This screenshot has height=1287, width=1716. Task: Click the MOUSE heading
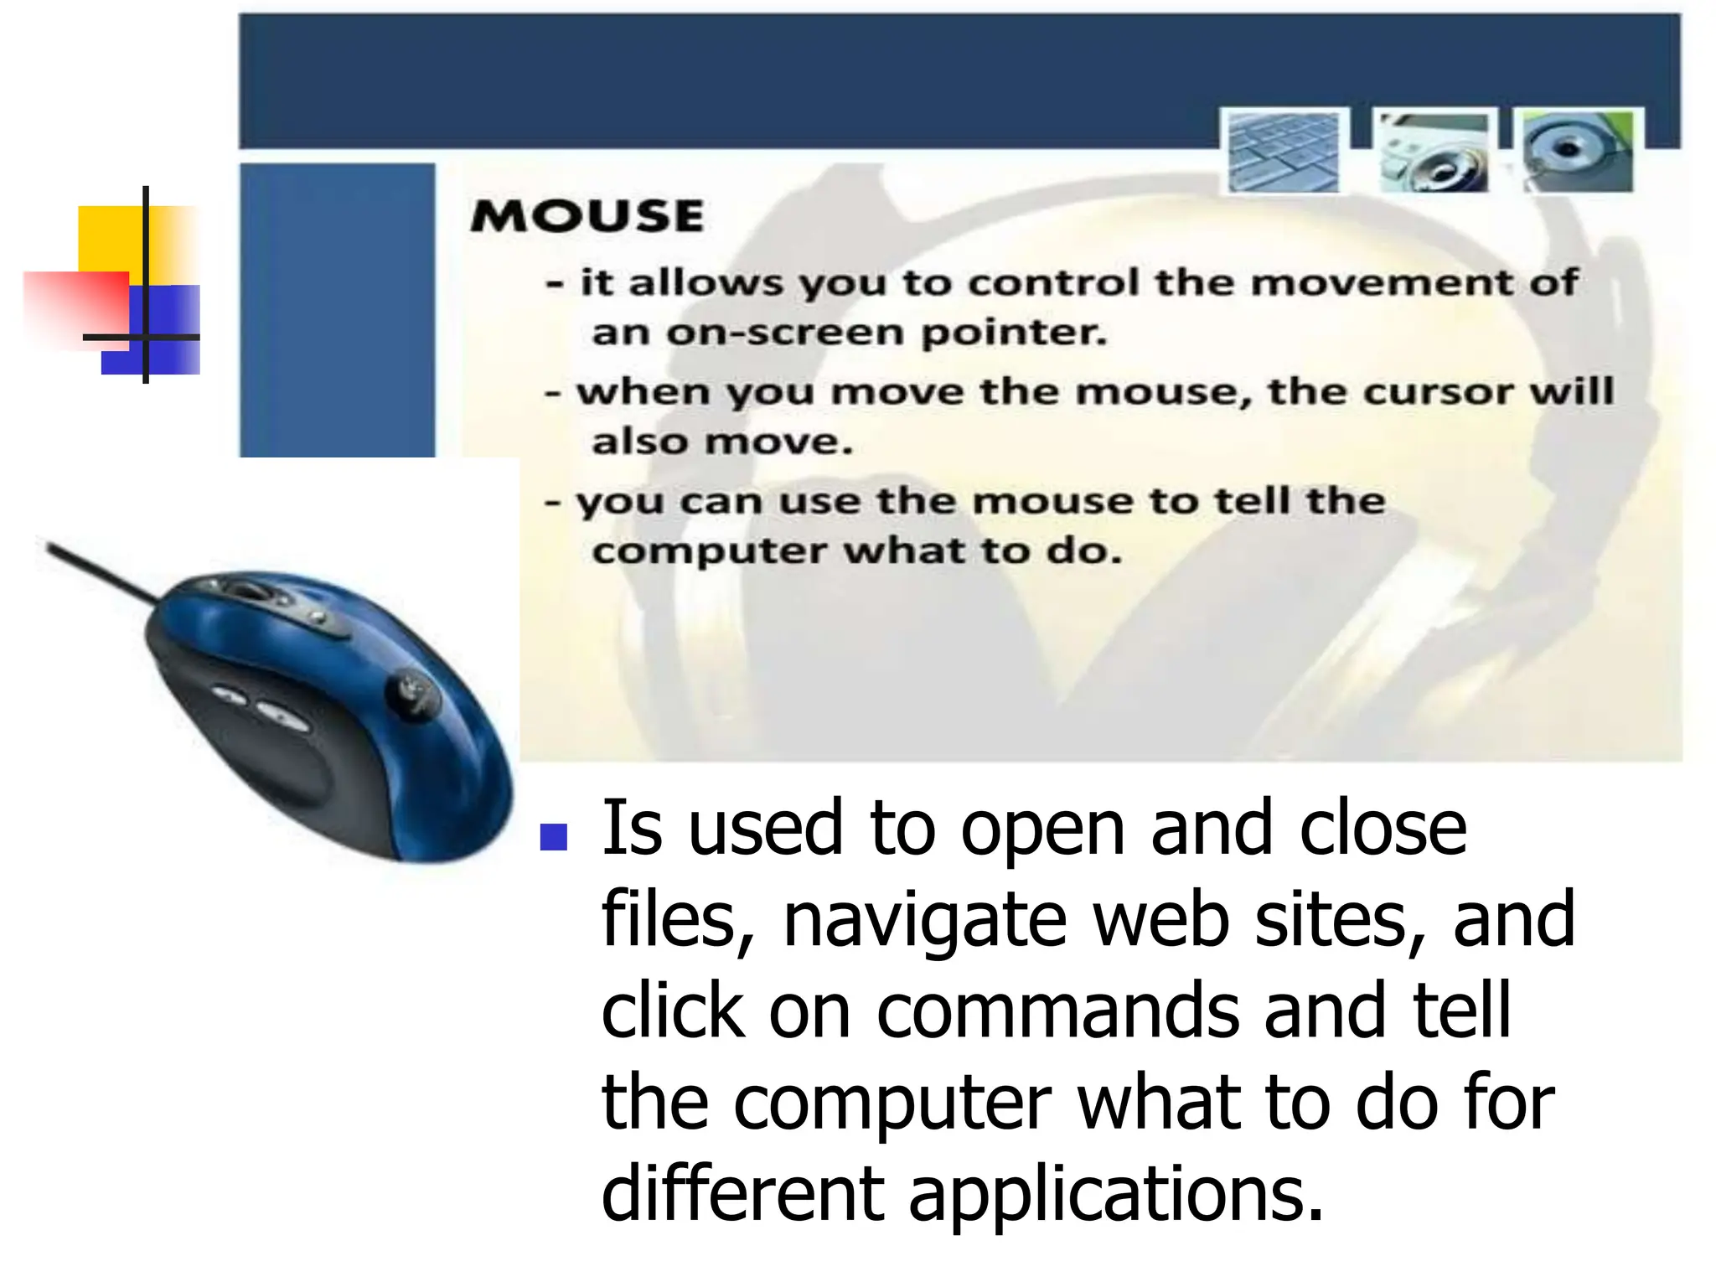(x=587, y=216)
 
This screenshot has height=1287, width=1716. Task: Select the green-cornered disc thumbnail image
(x=1578, y=151)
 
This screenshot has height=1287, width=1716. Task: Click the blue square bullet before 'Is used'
(x=554, y=836)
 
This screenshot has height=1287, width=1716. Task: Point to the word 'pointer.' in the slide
(x=1014, y=333)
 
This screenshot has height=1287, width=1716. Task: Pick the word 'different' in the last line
(x=742, y=1193)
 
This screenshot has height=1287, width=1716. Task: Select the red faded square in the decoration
(x=71, y=306)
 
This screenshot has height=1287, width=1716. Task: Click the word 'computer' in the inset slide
(x=709, y=552)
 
